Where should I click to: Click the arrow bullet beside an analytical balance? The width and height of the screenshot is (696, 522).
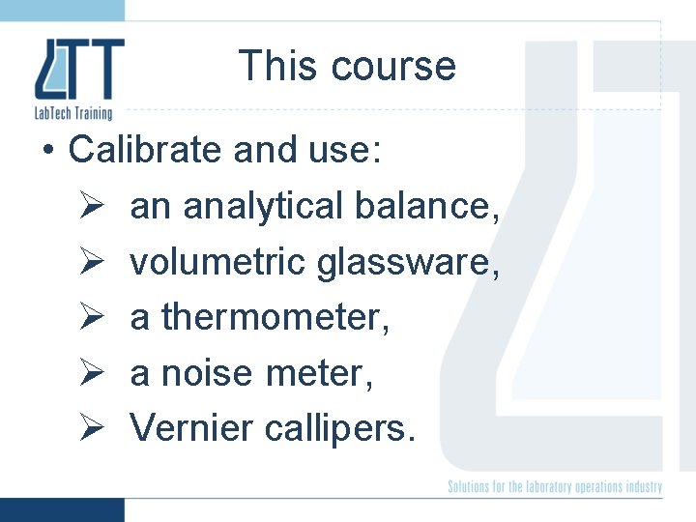87,206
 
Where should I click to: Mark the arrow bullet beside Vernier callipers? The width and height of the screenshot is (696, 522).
87,427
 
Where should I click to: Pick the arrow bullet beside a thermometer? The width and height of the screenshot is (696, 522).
87,317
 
